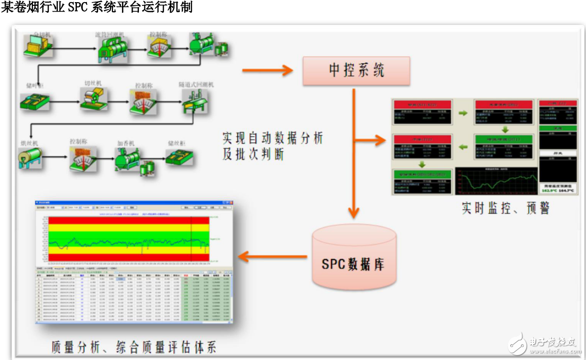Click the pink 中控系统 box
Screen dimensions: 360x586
pos(356,70)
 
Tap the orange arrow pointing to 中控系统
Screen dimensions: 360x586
pos(268,70)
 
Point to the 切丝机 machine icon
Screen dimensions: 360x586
pos(94,99)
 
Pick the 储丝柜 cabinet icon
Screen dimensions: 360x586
pos(181,156)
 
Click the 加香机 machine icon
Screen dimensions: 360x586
pos(128,159)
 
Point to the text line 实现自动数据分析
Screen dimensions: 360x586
pos(273,139)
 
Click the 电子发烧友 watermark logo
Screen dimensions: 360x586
pos(541,343)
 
